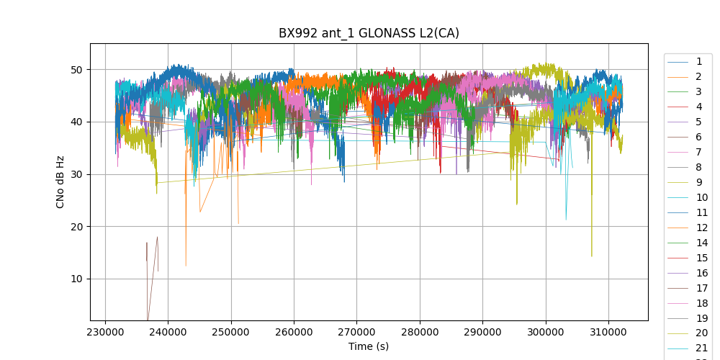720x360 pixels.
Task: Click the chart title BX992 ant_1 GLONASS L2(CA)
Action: (x=369, y=33)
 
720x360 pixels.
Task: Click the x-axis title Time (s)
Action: (x=369, y=346)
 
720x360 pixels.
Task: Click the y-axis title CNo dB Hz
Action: (x=60, y=181)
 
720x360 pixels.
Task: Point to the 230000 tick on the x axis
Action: (x=105, y=331)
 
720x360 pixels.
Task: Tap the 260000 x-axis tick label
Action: (x=294, y=331)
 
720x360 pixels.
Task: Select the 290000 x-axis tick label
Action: (x=482, y=331)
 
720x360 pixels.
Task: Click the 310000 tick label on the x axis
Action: (x=608, y=331)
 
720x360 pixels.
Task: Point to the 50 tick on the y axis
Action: (x=76, y=70)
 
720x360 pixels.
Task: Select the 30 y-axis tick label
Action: (x=76, y=174)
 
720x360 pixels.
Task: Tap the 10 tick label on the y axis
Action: (x=76, y=279)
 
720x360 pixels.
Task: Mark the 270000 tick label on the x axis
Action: (x=356, y=331)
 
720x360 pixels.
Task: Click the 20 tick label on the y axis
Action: (x=76, y=227)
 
